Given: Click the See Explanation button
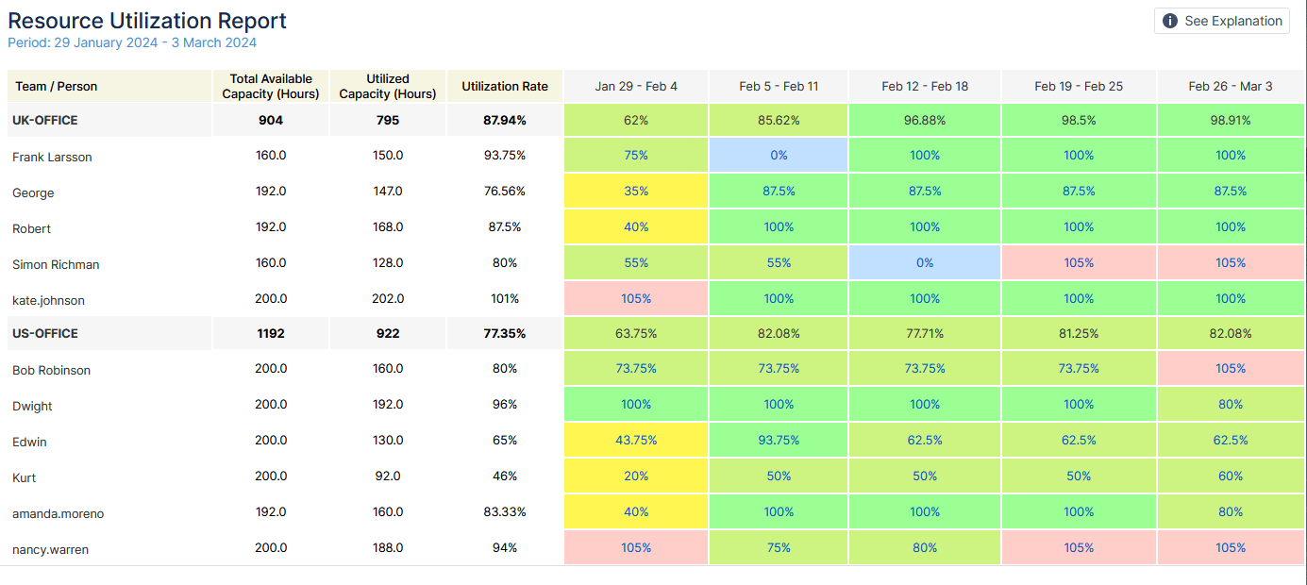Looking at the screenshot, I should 1222,21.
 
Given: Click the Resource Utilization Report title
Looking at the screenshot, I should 147,21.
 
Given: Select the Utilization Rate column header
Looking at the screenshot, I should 505,86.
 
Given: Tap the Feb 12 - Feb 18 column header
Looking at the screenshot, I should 925,86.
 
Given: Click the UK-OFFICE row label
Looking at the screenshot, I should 45,121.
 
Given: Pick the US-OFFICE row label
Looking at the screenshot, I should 45,333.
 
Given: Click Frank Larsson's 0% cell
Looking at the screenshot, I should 779,156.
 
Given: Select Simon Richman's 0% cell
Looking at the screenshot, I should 925,263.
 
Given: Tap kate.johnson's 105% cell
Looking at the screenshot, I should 636,299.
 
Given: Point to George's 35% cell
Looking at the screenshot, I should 636,192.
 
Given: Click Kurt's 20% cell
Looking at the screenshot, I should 636,476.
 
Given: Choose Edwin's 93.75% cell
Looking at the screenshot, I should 779,441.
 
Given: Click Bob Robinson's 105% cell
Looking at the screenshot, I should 1231,369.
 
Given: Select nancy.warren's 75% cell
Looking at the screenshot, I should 779,548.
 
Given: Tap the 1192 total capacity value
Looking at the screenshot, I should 271,333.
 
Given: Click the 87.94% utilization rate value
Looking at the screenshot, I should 505,121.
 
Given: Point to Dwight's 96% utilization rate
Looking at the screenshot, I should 505,405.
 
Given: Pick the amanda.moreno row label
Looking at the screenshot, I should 59,514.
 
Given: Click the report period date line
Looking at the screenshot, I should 132,42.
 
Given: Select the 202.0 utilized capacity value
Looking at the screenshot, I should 388,299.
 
